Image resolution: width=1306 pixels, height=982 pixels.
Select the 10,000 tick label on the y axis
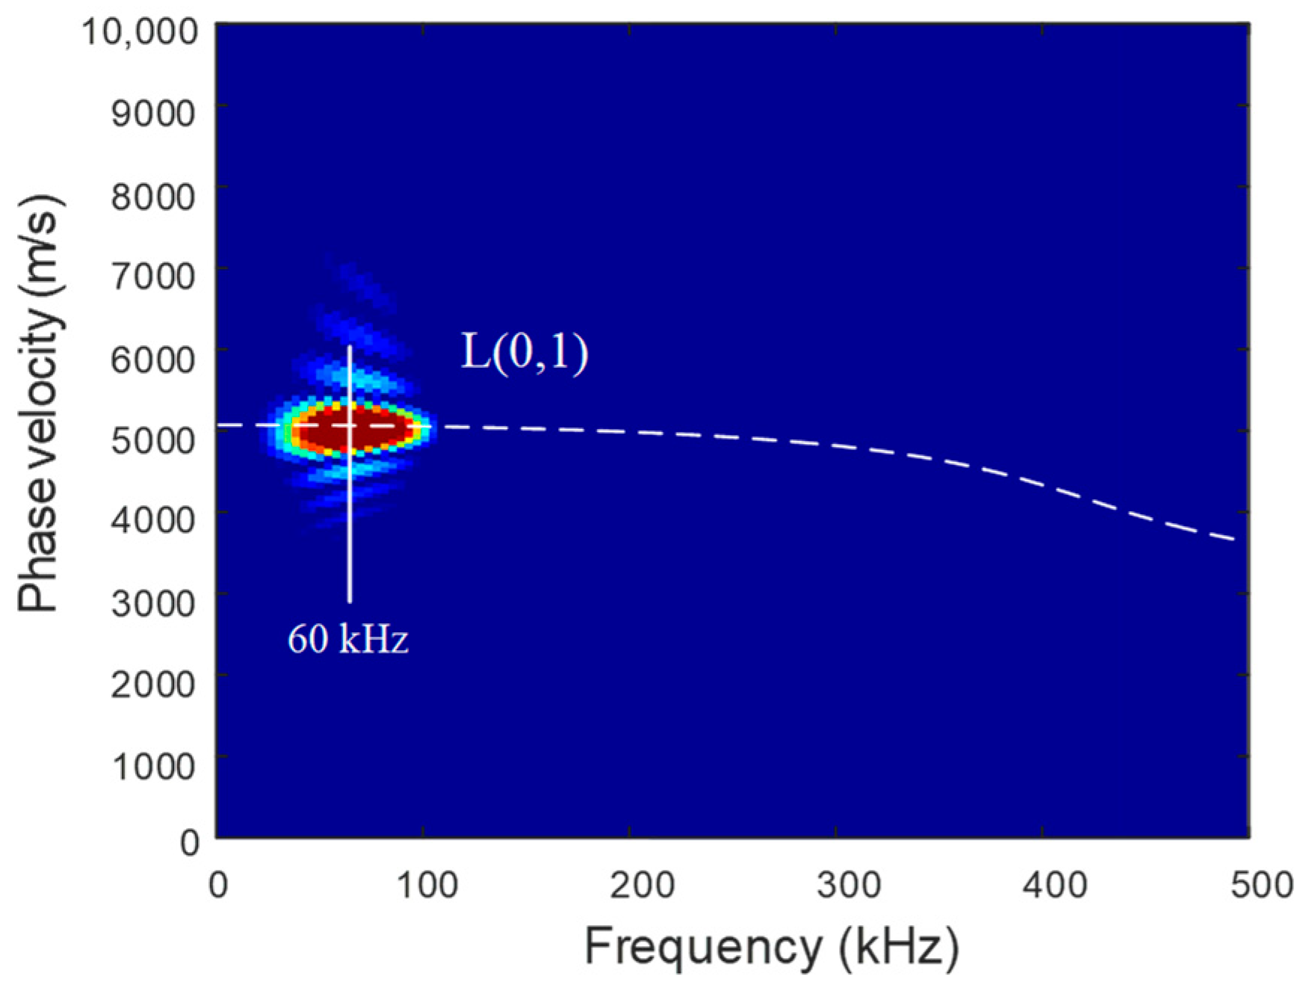point(140,32)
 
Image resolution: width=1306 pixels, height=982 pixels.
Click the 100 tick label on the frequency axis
point(424,886)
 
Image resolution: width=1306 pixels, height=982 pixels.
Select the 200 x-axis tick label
point(631,886)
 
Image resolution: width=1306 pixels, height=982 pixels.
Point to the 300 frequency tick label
point(837,886)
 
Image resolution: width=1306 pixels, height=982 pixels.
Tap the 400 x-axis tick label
point(1043,886)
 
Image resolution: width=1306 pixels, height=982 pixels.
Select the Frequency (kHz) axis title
point(771,947)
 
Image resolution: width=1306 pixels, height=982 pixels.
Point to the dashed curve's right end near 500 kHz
point(1233,538)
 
